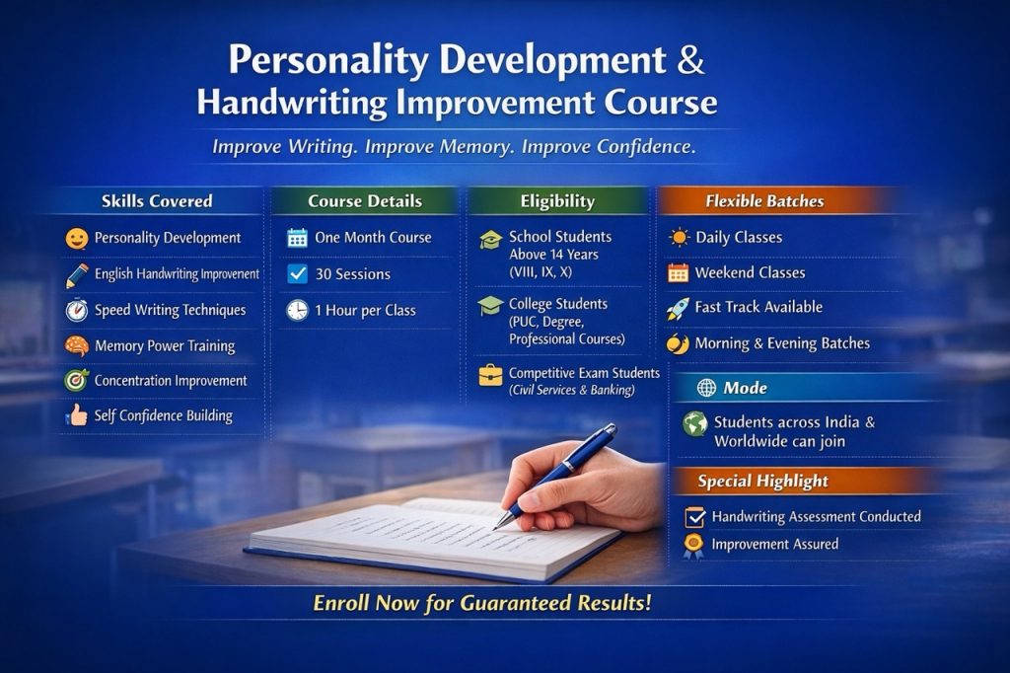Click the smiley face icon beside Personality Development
point(77,239)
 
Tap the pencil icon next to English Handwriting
point(77,275)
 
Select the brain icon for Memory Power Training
point(77,346)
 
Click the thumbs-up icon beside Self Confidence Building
point(77,414)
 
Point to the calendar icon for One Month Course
point(297,238)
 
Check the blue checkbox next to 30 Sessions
point(298,274)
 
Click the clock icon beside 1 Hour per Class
point(298,310)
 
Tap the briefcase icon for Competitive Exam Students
point(491,375)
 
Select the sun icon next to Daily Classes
point(679,237)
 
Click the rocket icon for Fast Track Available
point(678,308)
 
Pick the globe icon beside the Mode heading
point(706,388)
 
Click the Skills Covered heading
point(157,201)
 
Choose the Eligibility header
point(558,201)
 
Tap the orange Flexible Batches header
point(764,201)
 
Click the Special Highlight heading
point(762,481)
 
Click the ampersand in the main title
point(690,59)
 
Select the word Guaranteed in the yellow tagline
point(515,603)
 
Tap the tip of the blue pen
point(495,528)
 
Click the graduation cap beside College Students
point(491,305)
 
